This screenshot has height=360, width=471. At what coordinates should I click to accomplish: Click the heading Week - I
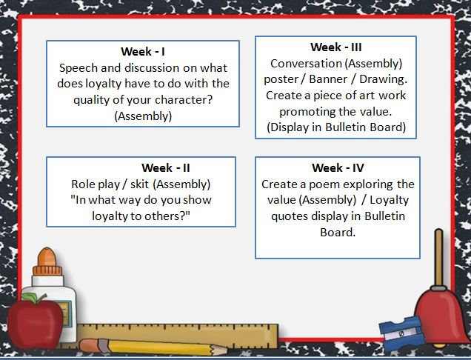pyautogui.click(x=143, y=51)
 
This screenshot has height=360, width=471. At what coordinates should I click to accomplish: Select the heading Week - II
pyautogui.click(x=165, y=167)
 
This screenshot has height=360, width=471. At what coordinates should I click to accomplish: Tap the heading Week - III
pyautogui.click(x=335, y=47)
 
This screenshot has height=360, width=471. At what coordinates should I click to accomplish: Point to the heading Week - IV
pyautogui.click(x=338, y=167)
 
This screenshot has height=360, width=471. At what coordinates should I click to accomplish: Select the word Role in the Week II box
pyautogui.click(x=83, y=184)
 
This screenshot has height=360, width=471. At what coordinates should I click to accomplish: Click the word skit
pyautogui.click(x=139, y=184)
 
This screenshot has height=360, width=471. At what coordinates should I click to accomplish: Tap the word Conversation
pyautogui.click(x=306, y=64)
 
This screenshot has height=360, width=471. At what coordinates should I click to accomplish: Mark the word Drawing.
pyautogui.click(x=384, y=80)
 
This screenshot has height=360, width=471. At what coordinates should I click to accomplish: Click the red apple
pyautogui.click(x=34, y=319)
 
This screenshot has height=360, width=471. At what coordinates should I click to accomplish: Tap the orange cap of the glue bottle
pyautogui.click(x=47, y=261)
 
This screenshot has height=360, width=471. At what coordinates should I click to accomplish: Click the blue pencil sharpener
pyautogui.click(x=401, y=333)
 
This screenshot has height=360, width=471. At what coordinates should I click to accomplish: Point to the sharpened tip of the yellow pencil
pyautogui.click(x=227, y=350)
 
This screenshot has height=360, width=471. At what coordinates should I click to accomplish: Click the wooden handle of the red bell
pyautogui.click(x=439, y=257)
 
